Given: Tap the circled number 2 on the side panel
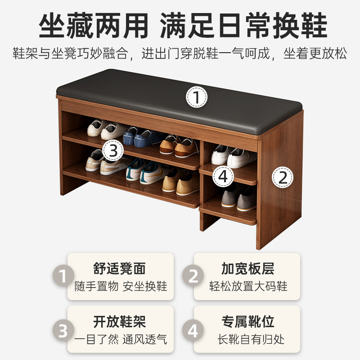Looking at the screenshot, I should tap(283, 177).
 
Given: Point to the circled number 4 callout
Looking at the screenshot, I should tap(223, 176).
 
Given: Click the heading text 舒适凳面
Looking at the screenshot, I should tap(120, 269).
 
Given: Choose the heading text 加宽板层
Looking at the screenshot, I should tap(247, 269).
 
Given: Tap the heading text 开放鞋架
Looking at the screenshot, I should tap(120, 322).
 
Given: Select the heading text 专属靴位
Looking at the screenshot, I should tap(247, 322).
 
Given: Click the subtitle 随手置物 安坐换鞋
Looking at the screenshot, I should tap(121, 287).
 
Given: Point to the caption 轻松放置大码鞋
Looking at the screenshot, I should tap(248, 287).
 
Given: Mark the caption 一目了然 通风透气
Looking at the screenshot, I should tap(121, 339).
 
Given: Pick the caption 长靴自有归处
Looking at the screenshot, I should tap(248, 339).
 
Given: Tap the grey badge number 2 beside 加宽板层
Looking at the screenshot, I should tap(193, 276).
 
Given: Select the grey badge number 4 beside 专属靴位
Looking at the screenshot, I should tap(193, 331).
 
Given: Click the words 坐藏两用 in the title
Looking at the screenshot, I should tap(93, 25).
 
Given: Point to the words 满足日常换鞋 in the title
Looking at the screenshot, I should tap(243, 25).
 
